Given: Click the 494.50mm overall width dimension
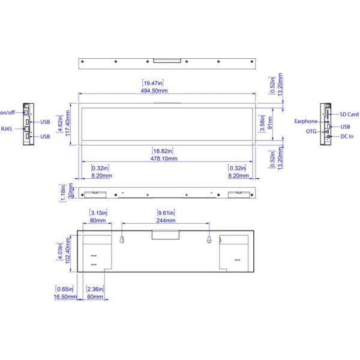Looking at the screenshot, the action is click(154, 91).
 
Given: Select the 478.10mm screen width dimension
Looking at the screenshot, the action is click(164, 158).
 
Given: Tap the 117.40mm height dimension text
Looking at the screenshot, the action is click(67, 123).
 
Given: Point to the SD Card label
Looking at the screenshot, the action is click(349, 115).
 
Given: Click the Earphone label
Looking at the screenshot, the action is click(306, 121).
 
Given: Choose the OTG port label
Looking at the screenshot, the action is click(311, 131).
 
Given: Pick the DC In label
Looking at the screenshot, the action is click(347, 136).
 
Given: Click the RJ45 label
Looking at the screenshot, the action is click(7, 129).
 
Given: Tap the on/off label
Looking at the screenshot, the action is click(7, 113).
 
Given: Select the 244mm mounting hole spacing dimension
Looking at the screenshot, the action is click(166, 220).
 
